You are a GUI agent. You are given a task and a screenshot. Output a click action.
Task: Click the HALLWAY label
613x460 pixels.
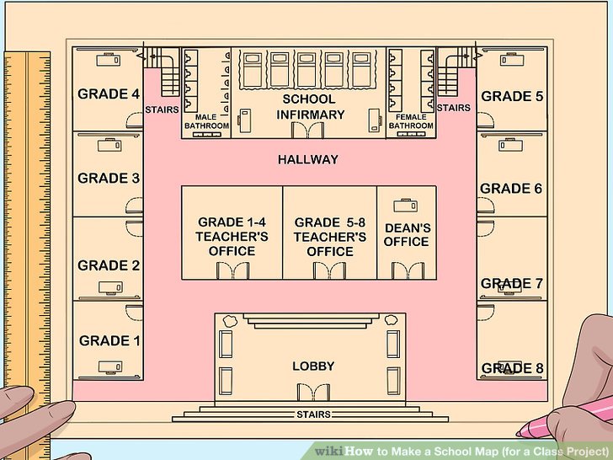point(308,159)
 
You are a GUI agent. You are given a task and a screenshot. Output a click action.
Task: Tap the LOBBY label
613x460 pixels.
point(313,366)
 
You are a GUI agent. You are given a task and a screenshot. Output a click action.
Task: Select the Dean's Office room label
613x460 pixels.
point(407,235)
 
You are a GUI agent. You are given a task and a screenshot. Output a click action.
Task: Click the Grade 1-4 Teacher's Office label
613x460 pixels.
point(232,236)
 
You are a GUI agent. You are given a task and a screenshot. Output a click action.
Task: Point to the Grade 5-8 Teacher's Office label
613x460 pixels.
point(330,237)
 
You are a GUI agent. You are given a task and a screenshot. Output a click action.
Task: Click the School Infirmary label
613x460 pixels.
point(310,107)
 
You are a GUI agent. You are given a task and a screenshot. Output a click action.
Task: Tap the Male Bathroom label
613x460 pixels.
point(206,121)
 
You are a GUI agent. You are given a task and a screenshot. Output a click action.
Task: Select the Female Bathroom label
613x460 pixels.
point(411,121)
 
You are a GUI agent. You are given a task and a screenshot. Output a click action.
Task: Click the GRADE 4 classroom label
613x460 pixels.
point(109,94)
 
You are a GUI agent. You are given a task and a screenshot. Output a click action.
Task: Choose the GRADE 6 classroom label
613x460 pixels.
point(511,189)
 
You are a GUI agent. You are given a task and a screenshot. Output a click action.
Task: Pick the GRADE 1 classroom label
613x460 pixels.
point(109,340)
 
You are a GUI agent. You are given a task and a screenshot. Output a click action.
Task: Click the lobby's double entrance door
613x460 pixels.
point(313,392)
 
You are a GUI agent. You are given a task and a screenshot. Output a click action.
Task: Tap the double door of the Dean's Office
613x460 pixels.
point(408,270)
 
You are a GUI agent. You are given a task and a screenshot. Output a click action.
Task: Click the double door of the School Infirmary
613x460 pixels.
point(307,130)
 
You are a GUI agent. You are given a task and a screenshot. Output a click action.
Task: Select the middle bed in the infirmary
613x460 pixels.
point(306,70)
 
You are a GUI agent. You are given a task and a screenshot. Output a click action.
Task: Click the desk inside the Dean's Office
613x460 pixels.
point(405,206)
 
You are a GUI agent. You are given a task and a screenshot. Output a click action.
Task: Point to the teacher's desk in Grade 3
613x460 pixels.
point(109,145)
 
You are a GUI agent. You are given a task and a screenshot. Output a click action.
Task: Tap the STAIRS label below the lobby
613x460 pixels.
point(313,415)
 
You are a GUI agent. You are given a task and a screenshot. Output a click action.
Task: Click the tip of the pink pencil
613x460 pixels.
point(519,434)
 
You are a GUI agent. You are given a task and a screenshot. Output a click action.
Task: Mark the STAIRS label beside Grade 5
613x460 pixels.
point(454,108)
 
